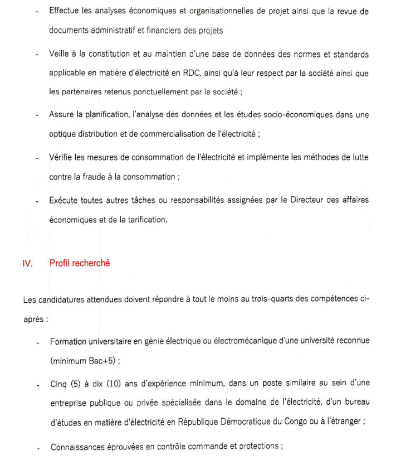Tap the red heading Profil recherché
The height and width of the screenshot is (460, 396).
tap(80, 263)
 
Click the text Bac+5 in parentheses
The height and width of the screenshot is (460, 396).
tap(100, 360)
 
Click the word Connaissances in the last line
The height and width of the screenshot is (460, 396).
tap(79, 446)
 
